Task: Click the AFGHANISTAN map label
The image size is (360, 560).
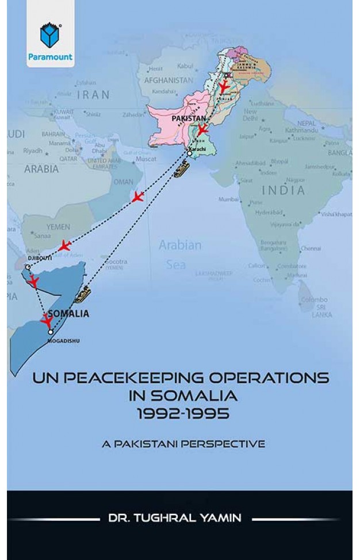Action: [x=168, y=80]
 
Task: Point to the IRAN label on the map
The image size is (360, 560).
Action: [x=93, y=94]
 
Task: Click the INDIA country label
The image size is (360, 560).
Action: [x=283, y=190]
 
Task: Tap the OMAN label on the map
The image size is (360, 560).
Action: [x=123, y=182]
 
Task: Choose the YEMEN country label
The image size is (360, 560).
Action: [x=58, y=227]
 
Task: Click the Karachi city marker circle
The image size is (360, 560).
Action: [x=190, y=154]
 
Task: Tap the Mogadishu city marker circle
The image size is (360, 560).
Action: [x=51, y=332]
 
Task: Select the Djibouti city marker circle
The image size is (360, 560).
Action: [x=27, y=267]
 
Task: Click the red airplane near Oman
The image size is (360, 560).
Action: [x=137, y=198]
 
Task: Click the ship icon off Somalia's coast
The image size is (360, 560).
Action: [x=83, y=293]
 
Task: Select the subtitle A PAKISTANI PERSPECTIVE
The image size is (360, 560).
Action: [x=180, y=444]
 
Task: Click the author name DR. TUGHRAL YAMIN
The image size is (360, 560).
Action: [x=179, y=517]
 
